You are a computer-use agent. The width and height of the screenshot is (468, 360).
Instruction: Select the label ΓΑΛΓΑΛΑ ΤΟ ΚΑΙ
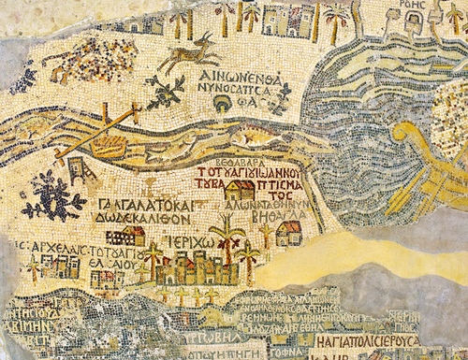click(145, 204)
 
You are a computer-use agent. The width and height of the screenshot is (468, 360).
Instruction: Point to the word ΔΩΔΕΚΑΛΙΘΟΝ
click(147, 219)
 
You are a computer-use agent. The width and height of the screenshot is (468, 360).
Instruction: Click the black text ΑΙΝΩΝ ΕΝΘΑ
click(248, 72)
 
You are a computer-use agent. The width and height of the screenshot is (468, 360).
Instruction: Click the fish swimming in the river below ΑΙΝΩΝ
click(266, 139)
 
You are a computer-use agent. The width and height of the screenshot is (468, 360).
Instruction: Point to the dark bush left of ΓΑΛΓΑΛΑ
click(53, 197)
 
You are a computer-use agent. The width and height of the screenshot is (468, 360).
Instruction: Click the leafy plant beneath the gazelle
click(167, 92)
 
